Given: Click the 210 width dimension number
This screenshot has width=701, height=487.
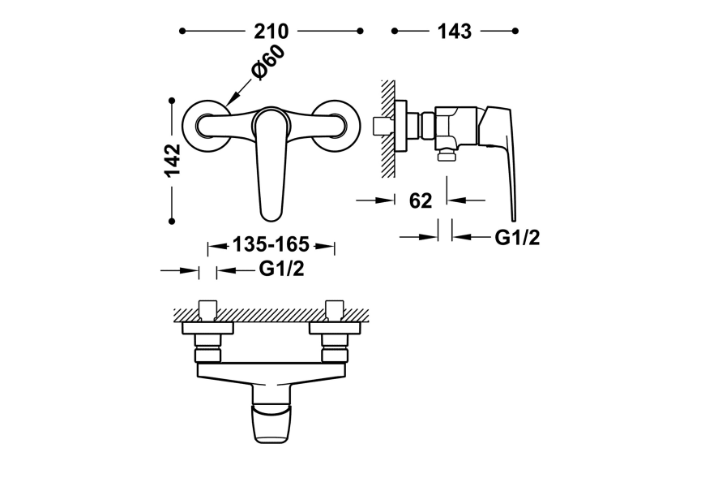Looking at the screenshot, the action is point(271,32).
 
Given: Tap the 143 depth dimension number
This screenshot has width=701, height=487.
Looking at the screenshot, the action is point(454,32).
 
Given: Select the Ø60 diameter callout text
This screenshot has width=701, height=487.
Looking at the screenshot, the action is point(267,62).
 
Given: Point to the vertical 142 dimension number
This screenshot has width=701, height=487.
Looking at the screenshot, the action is point(172,160).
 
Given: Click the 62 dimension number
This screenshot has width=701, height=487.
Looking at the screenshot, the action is point(421,201).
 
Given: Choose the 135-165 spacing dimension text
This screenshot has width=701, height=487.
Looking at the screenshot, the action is point(271,244).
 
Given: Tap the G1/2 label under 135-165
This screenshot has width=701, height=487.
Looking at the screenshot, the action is point(282,269).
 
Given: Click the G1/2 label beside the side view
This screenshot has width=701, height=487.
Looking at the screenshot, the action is point(517,237).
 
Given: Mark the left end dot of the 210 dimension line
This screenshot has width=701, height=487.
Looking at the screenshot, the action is point(182,31).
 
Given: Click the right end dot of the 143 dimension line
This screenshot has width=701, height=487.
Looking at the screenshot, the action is point(515,31).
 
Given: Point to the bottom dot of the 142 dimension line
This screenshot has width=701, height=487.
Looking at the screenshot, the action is point(172,221).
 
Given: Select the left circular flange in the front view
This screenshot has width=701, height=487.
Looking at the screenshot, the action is point(207,126).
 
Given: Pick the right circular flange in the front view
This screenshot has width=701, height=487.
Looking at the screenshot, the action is point(336,126).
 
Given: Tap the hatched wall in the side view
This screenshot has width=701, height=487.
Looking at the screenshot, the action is point(388,129).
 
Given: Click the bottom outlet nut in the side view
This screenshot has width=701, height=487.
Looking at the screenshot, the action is point(447,156).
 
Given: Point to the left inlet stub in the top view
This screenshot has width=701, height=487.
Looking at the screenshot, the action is point(207,311).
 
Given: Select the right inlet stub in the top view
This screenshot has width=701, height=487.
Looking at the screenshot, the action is point(335,311).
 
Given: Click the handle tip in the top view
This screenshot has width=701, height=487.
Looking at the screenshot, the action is point(271,425).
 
